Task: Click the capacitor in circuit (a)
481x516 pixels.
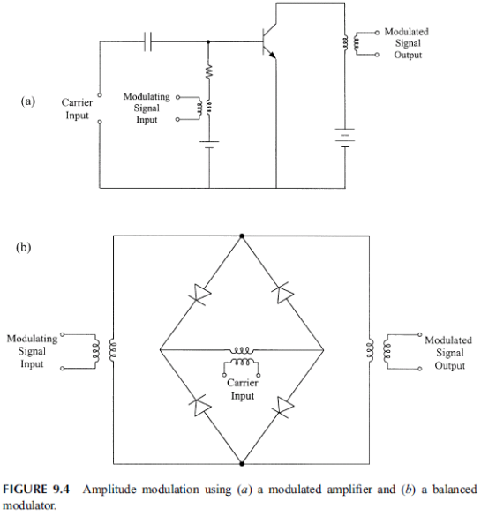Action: (x=147, y=41)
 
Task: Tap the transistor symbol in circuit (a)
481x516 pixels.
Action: (x=269, y=41)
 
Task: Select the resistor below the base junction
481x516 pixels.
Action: (x=209, y=71)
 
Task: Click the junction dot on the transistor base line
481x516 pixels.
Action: (x=208, y=41)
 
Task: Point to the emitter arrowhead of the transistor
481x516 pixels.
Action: (x=272, y=56)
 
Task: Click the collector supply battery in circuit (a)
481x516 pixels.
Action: (x=345, y=138)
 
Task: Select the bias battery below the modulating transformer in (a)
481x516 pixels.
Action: (x=209, y=145)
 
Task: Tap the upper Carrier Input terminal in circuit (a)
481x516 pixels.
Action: (x=100, y=95)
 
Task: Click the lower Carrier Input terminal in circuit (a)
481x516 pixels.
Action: (x=100, y=122)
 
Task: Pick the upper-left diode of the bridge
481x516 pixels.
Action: (x=199, y=294)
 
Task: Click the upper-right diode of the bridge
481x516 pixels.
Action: (x=282, y=293)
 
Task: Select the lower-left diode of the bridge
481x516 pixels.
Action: (x=200, y=406)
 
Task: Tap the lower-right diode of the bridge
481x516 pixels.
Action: (x=282, y=408)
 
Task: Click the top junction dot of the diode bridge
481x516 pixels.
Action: (x=242, y=236)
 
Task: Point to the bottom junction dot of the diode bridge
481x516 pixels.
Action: (x=242, y=464)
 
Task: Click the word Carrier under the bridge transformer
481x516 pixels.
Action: (x=243, y=383)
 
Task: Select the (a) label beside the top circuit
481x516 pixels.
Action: (x=27, y=101)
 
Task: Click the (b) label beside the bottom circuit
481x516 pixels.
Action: (x=23, y=247)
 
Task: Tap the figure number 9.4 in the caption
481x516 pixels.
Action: (x=61, y=490)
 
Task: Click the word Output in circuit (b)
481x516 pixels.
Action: (x=450, y=365)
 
